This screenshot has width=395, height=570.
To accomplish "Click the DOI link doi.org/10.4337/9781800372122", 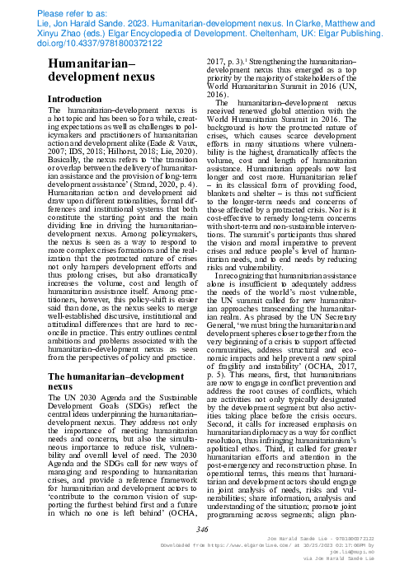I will [72, 46].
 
